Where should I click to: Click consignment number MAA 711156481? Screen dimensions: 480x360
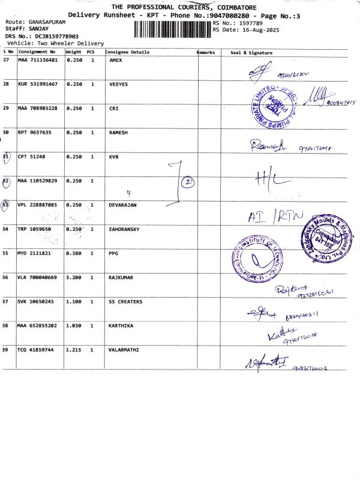click(x=38, y=60)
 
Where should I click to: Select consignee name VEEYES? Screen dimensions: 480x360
click(x=118, y=84)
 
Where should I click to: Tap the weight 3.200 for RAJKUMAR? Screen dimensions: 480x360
click(x=74, y=278)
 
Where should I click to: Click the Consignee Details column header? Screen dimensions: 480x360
click(x=127, y=52)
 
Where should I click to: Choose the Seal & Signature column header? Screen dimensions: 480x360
click(x=251, y=53)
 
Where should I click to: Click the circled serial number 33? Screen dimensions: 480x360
click(x=6, y=205)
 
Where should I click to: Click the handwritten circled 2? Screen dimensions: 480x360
click(x=187, y=181)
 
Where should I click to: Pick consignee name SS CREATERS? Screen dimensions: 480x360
click(x=125, y=302)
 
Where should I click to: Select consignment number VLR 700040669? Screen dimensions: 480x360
click(x=38, y=278)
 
